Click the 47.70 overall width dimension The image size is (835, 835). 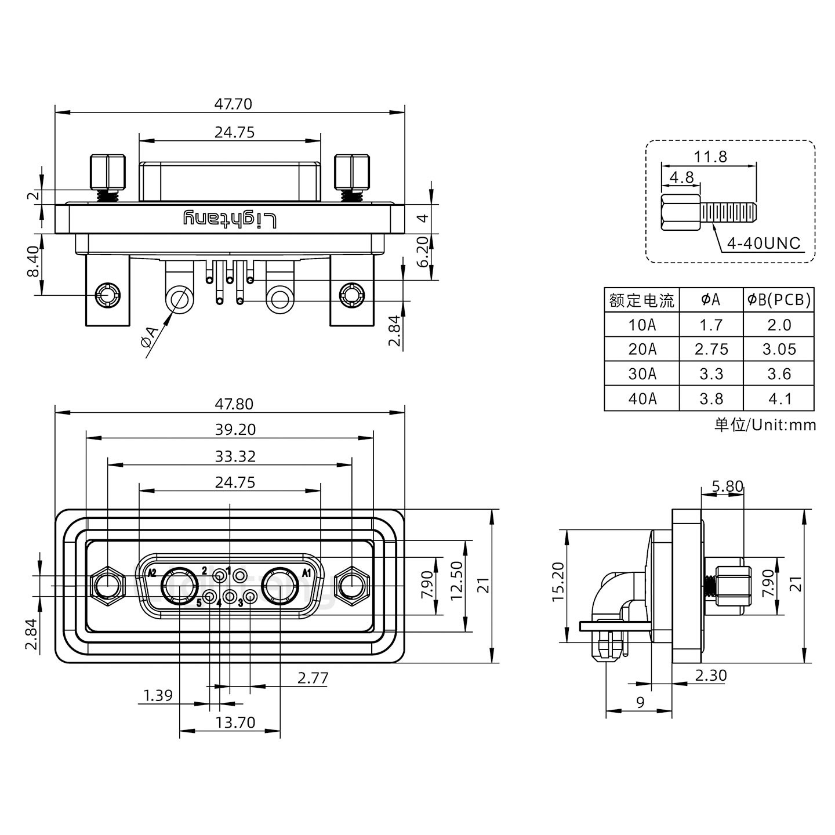(233, 104)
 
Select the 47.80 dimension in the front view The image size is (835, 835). (234, 404)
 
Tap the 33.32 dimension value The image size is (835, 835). (235, 456)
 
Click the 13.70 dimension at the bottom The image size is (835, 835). (235, 723)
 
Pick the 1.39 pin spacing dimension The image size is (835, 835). (158, 695)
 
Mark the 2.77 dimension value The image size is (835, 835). (313, 678)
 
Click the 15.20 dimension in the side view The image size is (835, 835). (558, 582)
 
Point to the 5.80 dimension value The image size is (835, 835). (727, 487)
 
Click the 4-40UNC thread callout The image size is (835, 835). (763, 244)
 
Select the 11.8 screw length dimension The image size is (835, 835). (710, 157)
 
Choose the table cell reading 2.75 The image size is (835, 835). (711, 350)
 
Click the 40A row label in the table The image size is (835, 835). (642, 399)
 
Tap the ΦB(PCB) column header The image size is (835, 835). (779, 300)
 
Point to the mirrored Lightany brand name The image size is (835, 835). (230, 219)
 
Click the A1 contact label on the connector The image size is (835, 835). (307, 573)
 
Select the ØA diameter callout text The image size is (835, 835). (149, 338)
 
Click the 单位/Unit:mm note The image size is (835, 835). (765, 425)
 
